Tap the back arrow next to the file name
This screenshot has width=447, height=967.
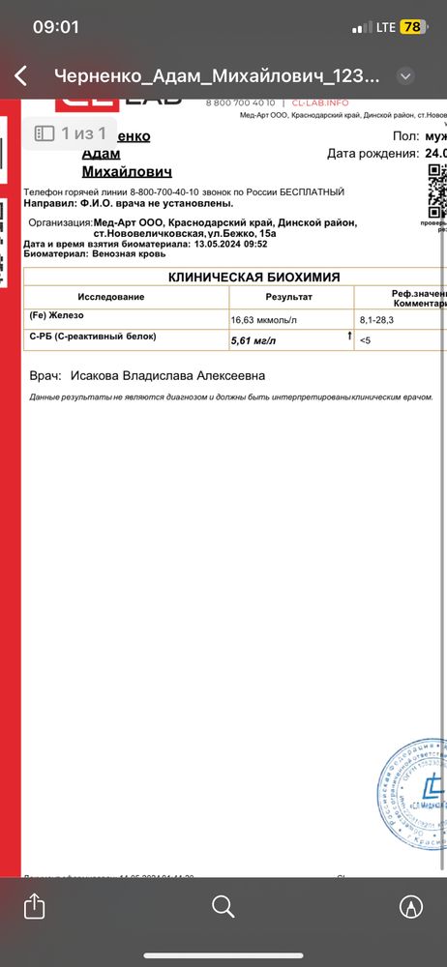[x=20, y=76]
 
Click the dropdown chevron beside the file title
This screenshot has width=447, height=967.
[x=406, y=76]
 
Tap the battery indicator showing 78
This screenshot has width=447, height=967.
[x=412, y=27]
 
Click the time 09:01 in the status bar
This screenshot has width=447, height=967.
[x=56, y=27]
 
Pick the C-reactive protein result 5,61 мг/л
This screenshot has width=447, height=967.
[x=253, y=340]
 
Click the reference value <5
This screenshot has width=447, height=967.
[x=365, y=340]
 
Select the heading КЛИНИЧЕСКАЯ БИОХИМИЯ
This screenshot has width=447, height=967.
[x=253, y=278]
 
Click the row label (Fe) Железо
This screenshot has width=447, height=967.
[x=60, y=316]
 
